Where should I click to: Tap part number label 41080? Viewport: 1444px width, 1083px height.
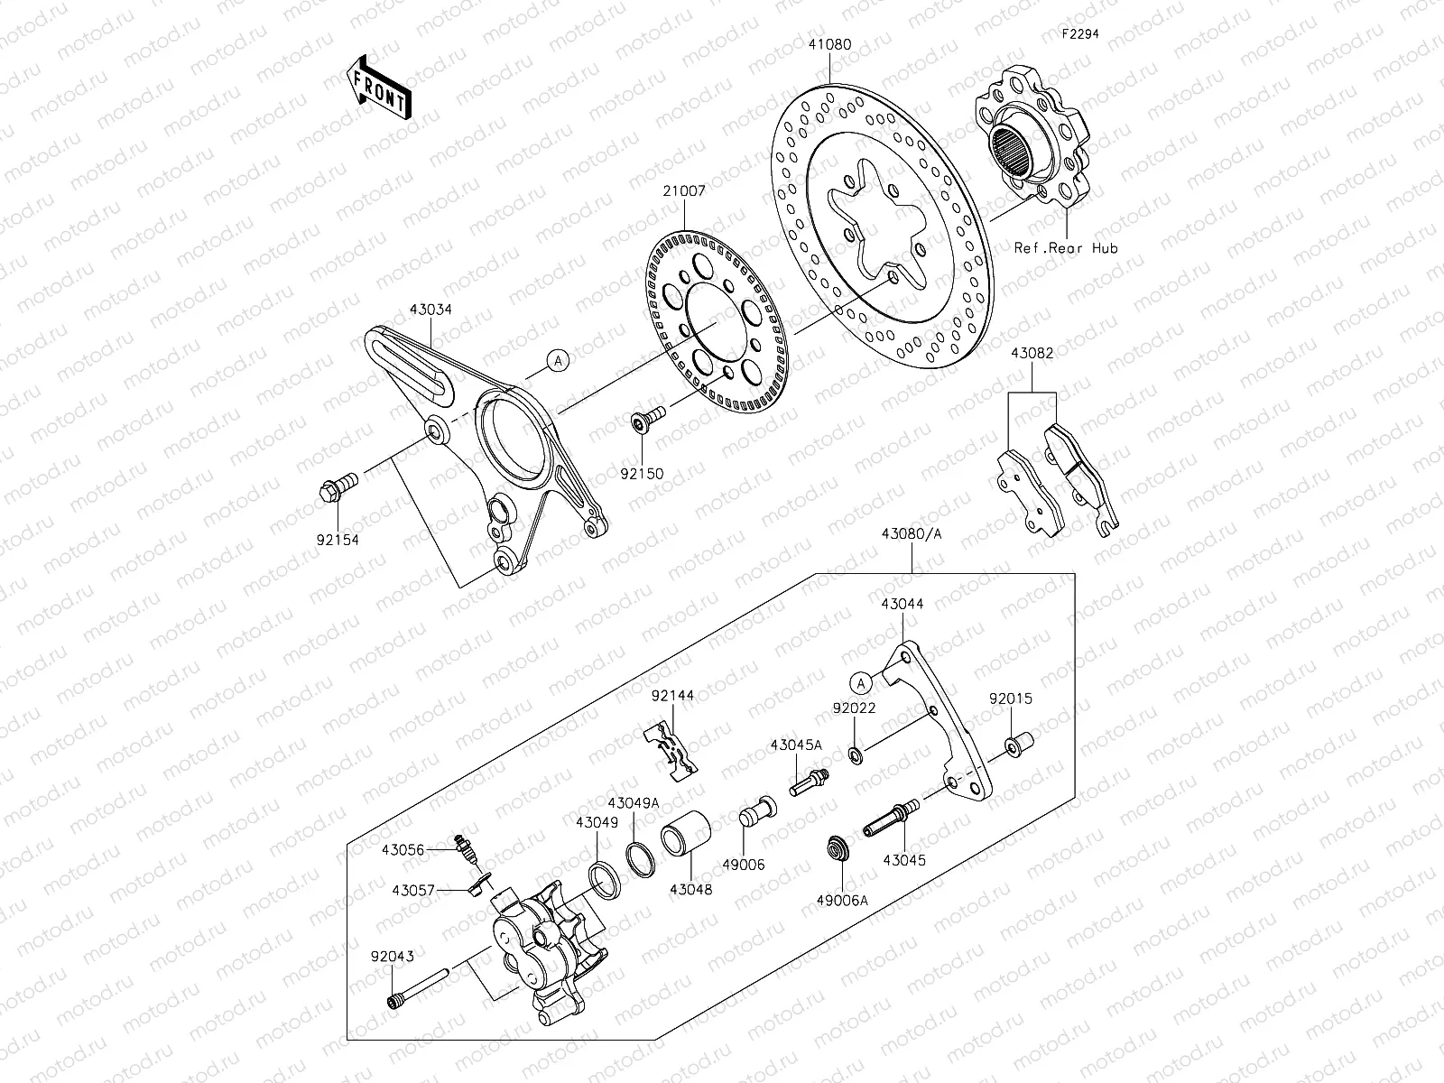[x=828, y=42]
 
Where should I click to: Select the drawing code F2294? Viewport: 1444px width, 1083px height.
[x=1079, y=36]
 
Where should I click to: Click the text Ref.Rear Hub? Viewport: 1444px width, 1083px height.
[x=1065, y=247]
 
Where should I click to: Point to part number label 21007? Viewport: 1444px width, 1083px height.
[x=683, y=191]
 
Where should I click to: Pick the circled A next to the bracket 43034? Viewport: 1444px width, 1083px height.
[x=559, y=361]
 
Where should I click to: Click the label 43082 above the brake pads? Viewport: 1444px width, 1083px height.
[x=1032, y=354]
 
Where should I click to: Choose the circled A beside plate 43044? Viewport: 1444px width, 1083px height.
[x=863, y=680]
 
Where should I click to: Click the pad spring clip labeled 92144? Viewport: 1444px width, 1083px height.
[x=671, y=748]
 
